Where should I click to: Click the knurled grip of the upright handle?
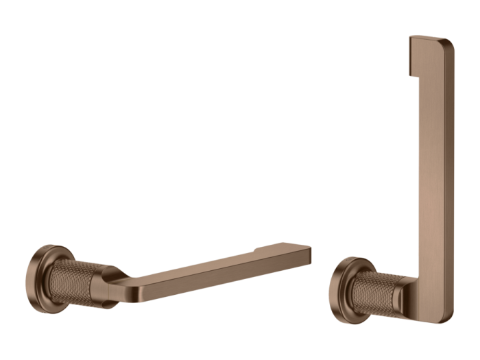[377, 292]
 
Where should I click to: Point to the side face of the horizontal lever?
[206, 278]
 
